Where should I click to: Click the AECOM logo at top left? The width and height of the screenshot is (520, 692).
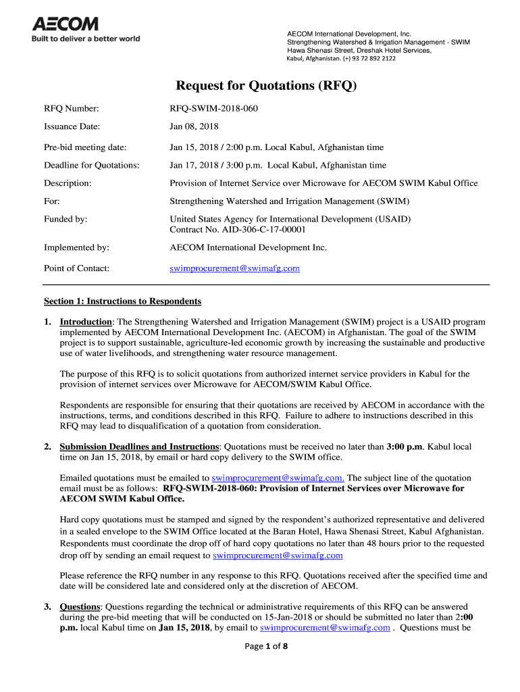tap(66, 24)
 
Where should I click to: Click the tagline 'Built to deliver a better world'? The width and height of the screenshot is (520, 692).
tap(86, 39)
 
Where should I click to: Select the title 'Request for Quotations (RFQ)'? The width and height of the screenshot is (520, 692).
tap(265, 86)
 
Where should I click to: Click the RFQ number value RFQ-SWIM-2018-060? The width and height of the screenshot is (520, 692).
tap(213, 108)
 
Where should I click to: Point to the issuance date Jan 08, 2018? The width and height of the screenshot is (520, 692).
tap(194, 126)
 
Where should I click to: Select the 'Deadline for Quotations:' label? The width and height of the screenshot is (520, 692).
tap(92, 165)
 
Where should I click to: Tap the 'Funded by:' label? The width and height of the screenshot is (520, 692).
tap(66, 219)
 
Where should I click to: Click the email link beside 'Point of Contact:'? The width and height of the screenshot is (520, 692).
tap(234, 268)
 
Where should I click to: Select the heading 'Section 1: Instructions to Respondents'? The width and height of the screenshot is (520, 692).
tap(122, 301)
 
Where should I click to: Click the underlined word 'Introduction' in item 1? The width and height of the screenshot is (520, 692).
tap(86, 322)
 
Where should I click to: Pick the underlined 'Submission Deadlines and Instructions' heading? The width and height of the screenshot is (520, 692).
tap(139, 447)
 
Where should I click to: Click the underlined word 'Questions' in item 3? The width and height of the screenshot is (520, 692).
tap(80, 606)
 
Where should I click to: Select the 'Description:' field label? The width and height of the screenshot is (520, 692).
tap(68, 183)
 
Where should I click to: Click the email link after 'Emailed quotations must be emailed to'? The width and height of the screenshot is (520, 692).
tap(278, 477)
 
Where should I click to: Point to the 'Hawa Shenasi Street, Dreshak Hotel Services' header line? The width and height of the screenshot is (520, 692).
tap(359, 50)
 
